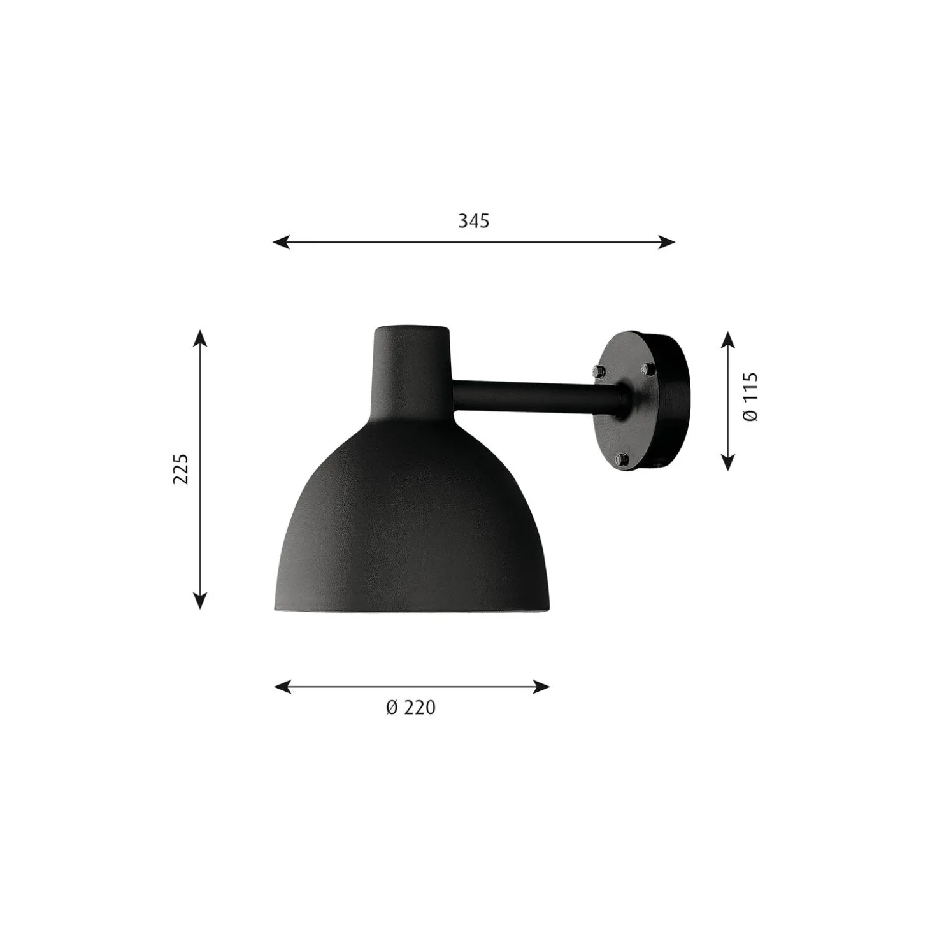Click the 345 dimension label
pos(473,221)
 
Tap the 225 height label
pos(181,469)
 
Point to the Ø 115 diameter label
pos(751,397)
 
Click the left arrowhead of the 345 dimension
pos(282,242)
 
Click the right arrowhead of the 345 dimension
pos(666,242)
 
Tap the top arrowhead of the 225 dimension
pos(200,338)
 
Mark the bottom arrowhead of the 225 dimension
pos(200,601)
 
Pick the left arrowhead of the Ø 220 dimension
pos(282,687)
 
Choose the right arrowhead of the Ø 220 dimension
pos(541,687)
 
